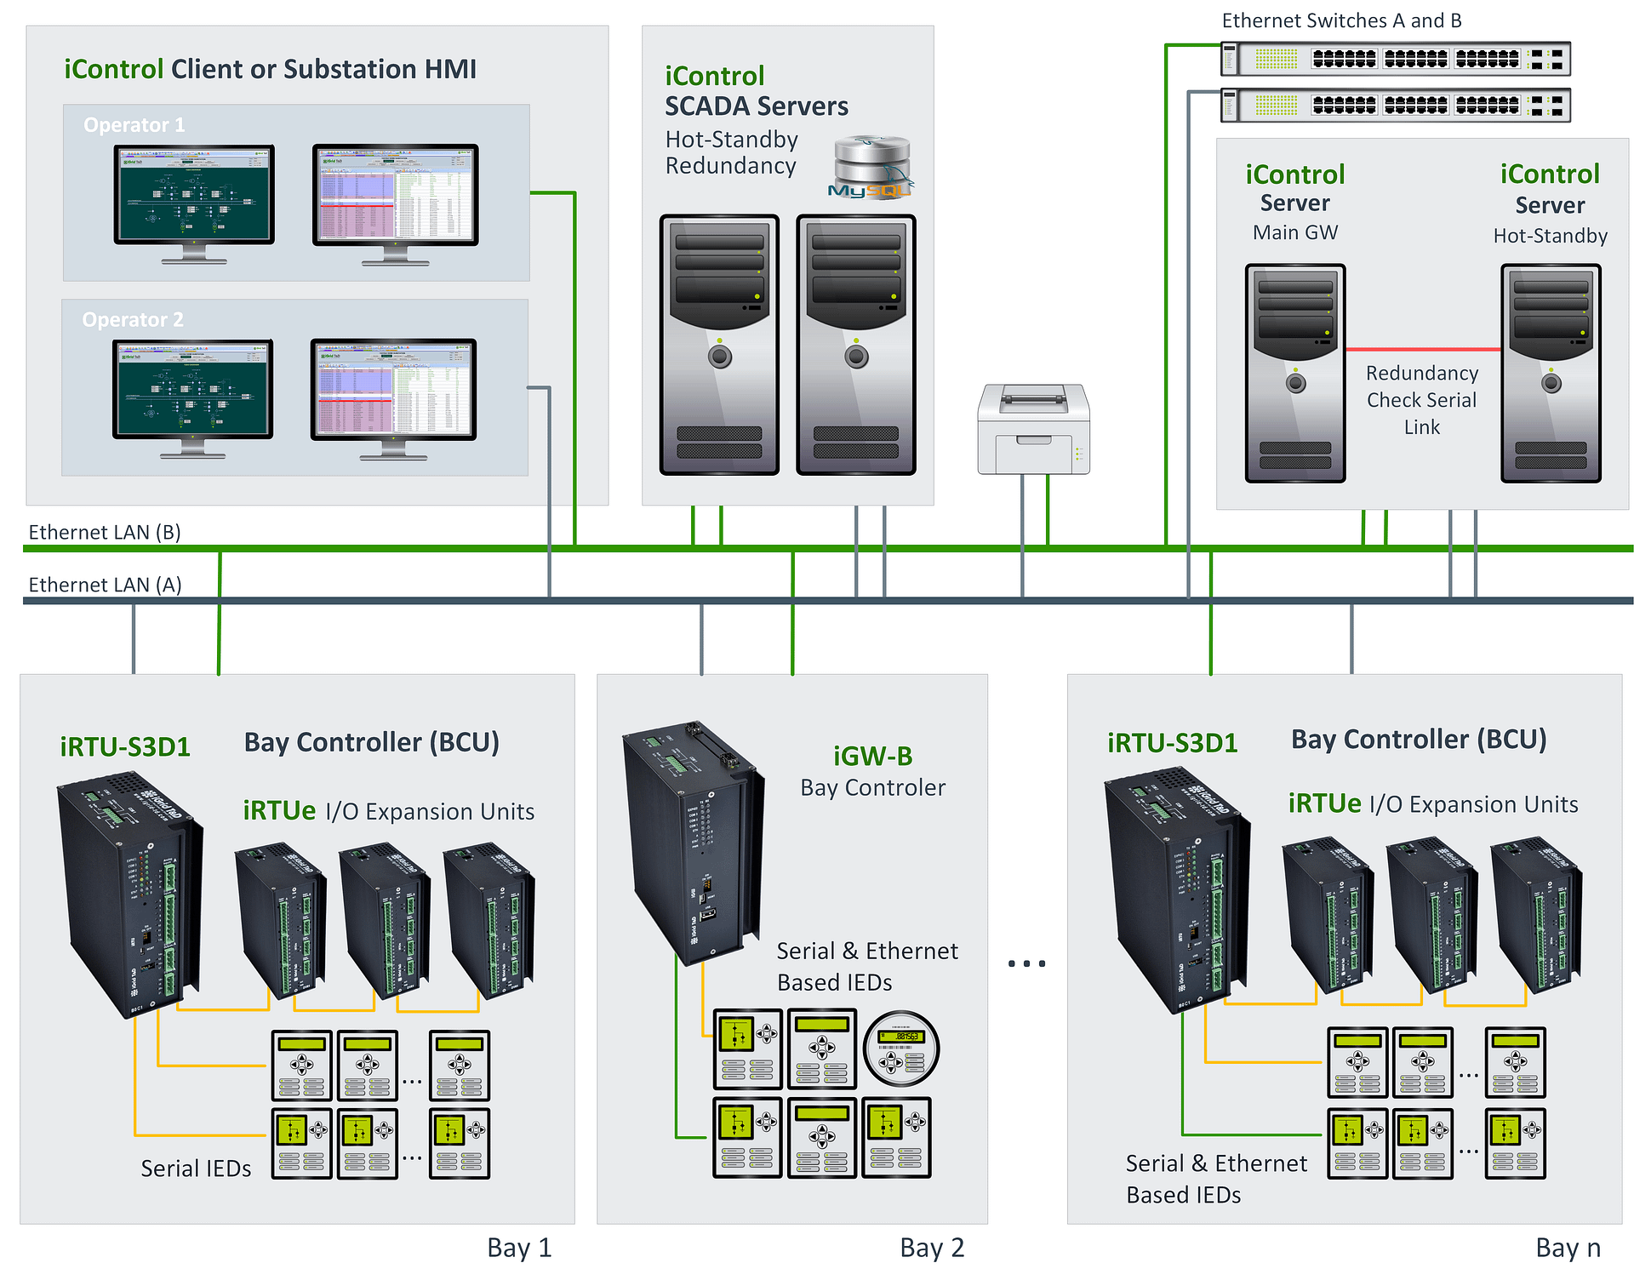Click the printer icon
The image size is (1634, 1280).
(1033, 429)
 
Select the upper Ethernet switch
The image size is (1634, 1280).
(1395, 59)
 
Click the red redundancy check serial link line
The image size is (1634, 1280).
(1422, 349)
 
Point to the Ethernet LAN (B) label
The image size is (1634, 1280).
(105, 533)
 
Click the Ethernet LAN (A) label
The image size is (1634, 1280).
(105, 586)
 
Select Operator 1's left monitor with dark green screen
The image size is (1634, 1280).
(194, 197)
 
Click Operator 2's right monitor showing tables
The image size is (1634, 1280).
(393, 391)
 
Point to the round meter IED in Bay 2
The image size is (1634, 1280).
(900, 1049)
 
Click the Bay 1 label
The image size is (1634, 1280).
(519, 1248)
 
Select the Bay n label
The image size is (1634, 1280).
(1568, 1248)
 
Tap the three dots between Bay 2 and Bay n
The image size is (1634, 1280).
(1026, 963)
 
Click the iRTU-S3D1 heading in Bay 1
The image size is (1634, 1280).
(125, 747)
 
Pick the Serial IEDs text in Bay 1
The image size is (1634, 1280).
(196, 1169)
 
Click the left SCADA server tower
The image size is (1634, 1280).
(719, 345)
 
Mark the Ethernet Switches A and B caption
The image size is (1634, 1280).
(1341, 20)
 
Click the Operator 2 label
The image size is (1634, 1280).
(133, 320)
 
